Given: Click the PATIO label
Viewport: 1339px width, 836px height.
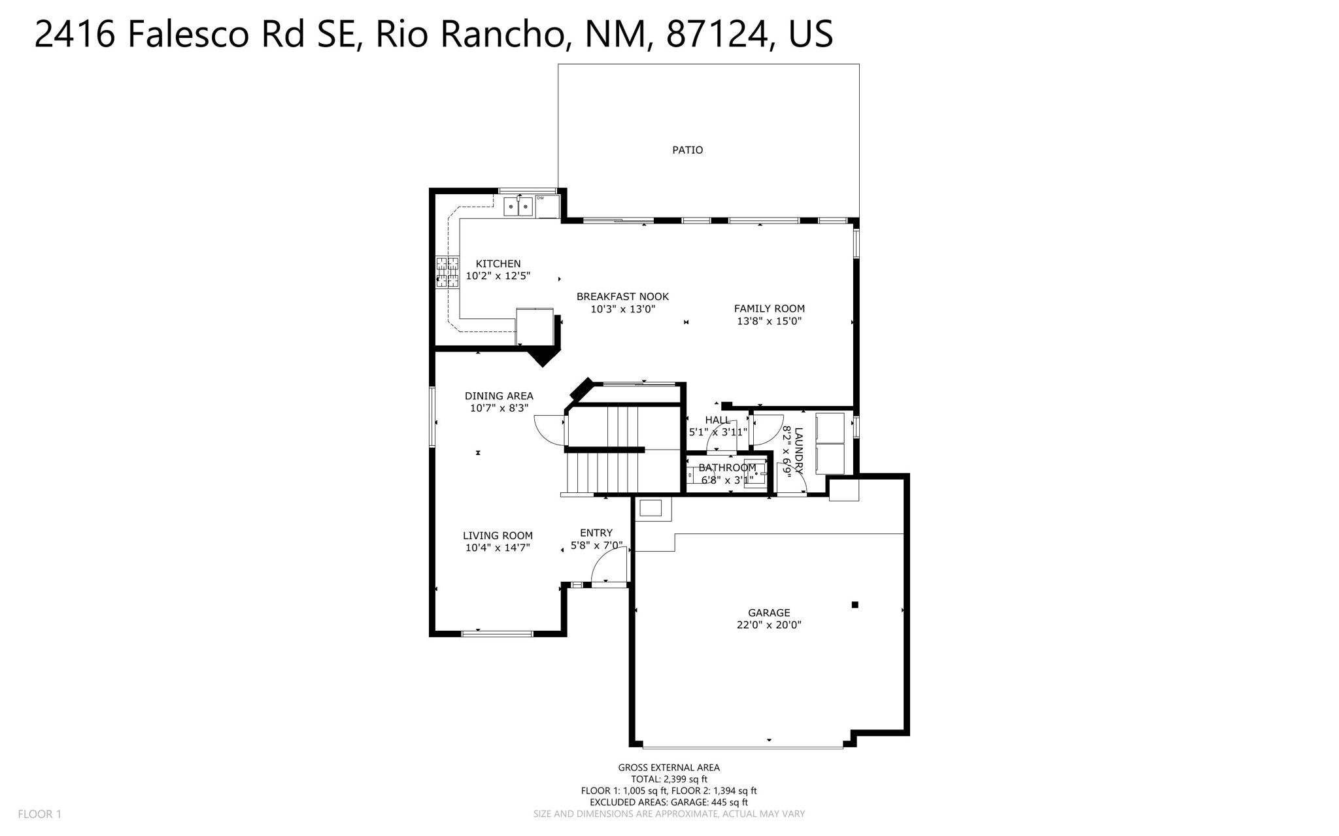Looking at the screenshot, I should tap(687, 150).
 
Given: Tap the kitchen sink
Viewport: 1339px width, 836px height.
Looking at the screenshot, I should tap(518, 207).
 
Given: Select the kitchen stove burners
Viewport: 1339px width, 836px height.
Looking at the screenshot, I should tap(447, 272).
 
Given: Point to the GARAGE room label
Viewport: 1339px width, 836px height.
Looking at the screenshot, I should tap(769, 612).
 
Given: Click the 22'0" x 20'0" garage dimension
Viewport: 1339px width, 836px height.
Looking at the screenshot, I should tap(769, 625).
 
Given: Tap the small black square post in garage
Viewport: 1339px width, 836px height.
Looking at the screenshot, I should tap(855, 605).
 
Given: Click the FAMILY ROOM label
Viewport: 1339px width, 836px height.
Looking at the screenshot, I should tap(769, 309).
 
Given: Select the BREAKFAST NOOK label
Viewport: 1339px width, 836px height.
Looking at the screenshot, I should tap(622, 297).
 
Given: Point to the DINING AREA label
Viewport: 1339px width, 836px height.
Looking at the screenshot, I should tap(499, 396).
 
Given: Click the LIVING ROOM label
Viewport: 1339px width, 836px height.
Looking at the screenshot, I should tap(498, 536).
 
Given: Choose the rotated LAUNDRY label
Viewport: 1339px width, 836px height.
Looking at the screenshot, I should tap(798, 450).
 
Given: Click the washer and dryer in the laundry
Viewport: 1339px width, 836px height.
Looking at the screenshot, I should tap(830, 443).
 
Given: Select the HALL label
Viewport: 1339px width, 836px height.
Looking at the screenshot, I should tap(717, 420).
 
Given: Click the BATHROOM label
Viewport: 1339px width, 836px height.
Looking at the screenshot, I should tap(727, 467).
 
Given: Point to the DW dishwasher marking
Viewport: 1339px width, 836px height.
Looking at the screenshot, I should tap(541, 198).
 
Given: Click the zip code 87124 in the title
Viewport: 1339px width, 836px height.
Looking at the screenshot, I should tap(717, 34).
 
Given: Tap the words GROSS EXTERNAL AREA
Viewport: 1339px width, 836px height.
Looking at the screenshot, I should tap(669, 767).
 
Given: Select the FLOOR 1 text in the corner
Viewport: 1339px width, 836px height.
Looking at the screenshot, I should tap(39, 814).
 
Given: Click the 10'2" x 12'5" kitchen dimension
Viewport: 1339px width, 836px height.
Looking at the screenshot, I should tap(498, 276).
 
